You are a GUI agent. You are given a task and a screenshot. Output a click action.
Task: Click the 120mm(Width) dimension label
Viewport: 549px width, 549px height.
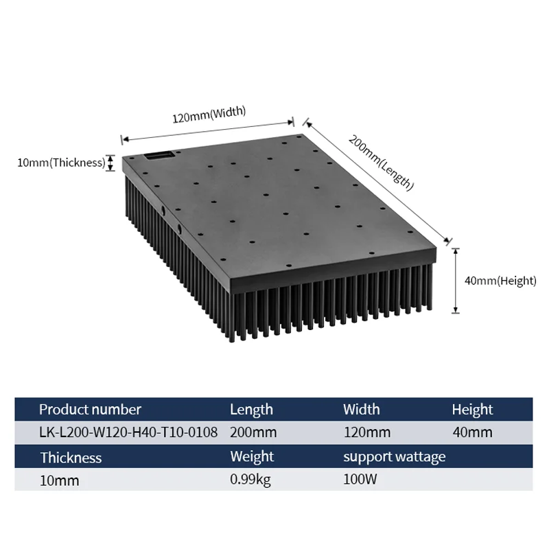tap(209, 115)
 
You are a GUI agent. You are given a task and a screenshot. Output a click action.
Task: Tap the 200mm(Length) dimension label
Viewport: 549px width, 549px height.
tap(381, 162)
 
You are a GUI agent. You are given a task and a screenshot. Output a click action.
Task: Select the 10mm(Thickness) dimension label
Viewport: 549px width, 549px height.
tap(61, 163)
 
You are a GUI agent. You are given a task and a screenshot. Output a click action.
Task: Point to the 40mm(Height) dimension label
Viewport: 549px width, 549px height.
tap(498, 280)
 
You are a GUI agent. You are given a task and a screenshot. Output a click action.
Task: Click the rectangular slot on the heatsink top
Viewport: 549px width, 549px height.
tap(160, 156)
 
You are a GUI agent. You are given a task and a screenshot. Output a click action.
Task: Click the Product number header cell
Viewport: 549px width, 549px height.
tap(90, 410)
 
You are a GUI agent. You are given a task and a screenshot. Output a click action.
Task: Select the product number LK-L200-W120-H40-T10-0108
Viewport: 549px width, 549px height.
tap(128, 432)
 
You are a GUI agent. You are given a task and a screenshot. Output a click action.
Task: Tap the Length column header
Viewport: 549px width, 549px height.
tap(251, 410)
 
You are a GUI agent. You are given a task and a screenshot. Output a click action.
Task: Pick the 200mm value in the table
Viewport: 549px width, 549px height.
tap(253, 432)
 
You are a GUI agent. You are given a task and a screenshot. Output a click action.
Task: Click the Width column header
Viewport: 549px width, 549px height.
tap(362, 410)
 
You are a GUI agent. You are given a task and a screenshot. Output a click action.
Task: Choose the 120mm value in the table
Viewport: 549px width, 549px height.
tap(366, 432)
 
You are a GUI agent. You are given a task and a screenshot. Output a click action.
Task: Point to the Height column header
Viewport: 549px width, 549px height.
tap(472, 410)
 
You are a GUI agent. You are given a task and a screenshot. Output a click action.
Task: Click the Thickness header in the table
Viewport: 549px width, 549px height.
tap(71, 457)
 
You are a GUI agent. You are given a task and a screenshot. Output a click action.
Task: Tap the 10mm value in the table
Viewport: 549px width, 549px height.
tap(59, 480)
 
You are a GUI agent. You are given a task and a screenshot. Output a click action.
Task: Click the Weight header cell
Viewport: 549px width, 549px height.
tap(252, 456)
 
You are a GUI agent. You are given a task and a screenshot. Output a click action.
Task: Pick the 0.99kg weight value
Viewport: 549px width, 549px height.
tap(250, 479)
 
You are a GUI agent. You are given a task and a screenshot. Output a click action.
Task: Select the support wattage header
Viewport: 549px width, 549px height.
tap(394, 456)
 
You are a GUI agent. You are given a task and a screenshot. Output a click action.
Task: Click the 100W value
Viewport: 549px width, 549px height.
tap(360, 479)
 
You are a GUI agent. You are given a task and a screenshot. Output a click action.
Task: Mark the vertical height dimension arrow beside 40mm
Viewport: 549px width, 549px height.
tap(455, 280)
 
